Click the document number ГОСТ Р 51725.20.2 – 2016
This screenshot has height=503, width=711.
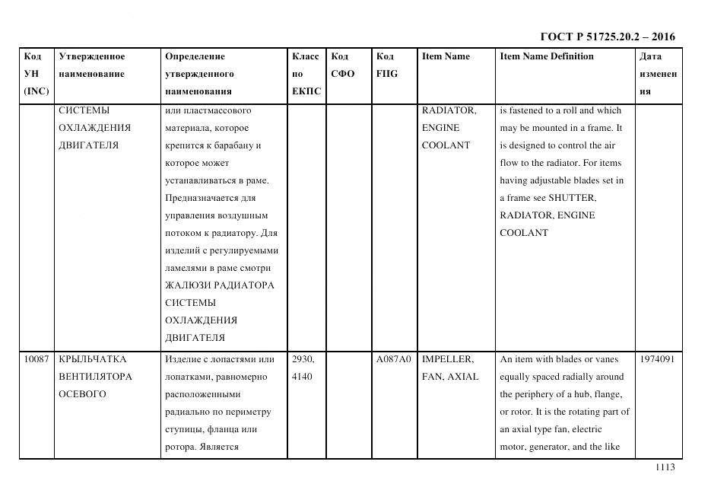(607, 37)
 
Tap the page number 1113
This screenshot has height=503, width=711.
(665, 467)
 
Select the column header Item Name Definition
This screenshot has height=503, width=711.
(546, 56)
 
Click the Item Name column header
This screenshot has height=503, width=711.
(446, 56)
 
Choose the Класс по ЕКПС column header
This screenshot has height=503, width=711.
(306, 74)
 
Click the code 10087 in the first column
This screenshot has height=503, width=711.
(36, 359)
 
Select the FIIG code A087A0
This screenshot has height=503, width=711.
(393, 359)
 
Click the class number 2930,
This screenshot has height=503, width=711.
(303, 359)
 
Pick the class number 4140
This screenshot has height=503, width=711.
(301, 377)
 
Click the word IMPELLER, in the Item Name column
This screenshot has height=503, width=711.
(447, 359)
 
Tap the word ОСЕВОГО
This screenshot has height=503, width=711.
(82, 394)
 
